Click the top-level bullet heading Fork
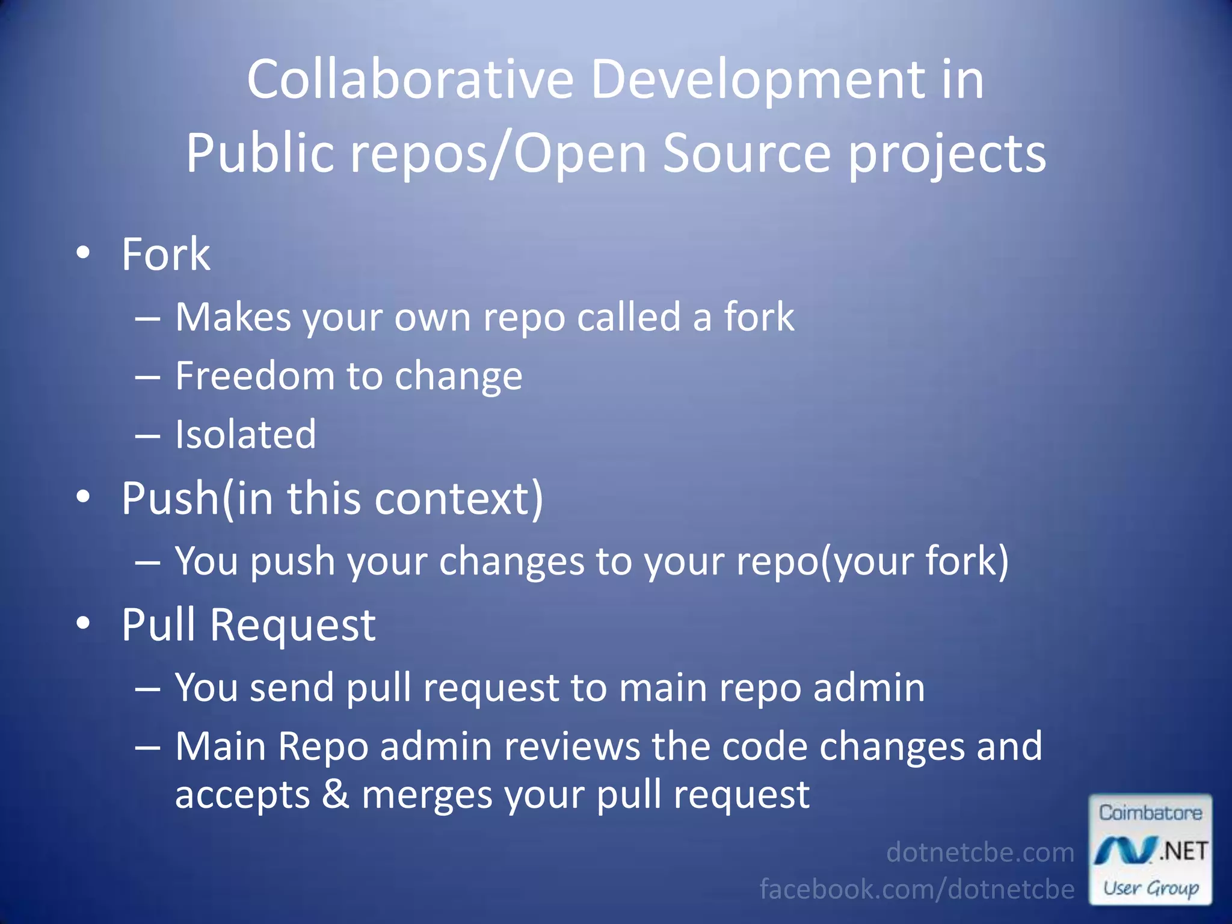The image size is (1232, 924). pos(165,254)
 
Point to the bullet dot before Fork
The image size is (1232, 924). pos(83,252)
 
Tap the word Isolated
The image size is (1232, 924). pos(245,434)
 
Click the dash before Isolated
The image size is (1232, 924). pos(147,435)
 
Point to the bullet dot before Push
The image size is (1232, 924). pos(83,497)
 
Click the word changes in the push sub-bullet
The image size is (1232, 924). pos(511,561)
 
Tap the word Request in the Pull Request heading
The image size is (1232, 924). pos(292,625)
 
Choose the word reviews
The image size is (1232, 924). pos(571,747)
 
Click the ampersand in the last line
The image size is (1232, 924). pos(335,794)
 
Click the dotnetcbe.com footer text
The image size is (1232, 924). pos(979,852)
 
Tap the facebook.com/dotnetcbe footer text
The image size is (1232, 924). pos(916,889)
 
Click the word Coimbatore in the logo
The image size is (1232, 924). pos(1150,813)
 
